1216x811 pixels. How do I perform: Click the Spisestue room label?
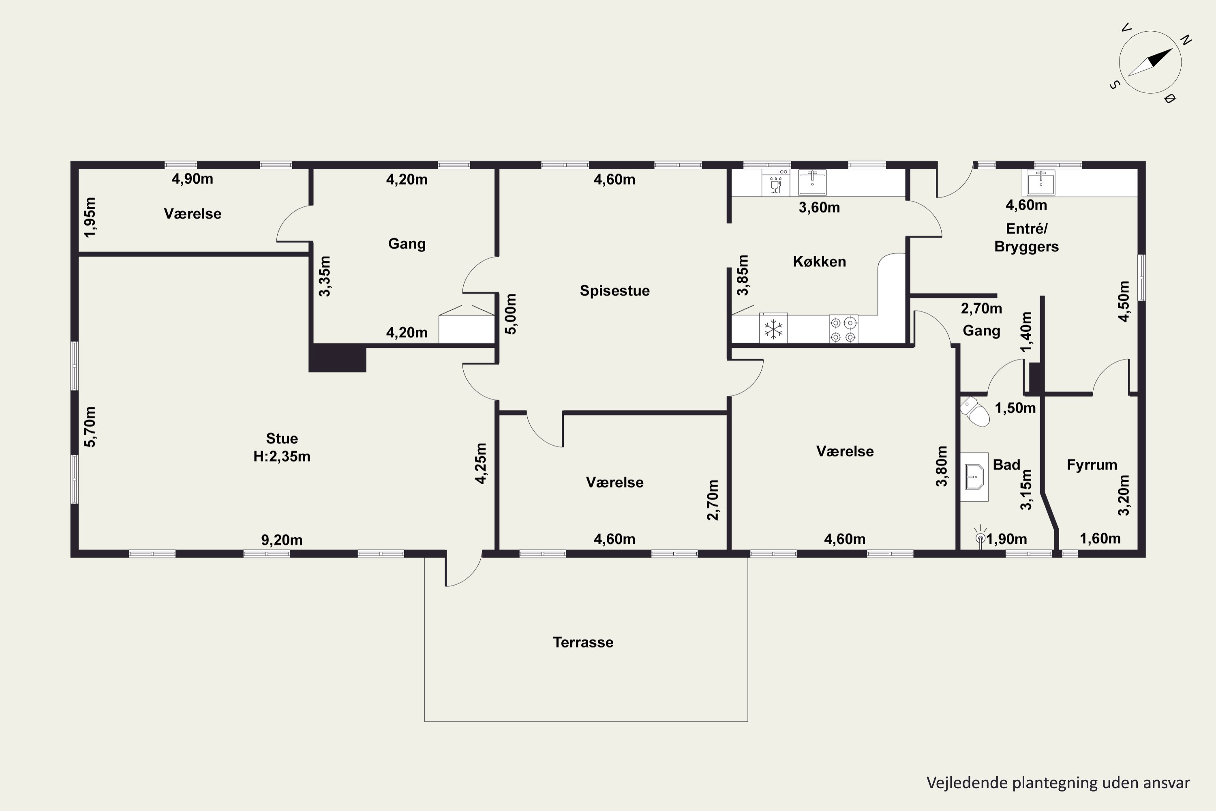(x=614, y=291)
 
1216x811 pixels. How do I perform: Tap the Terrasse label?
(x=583, y=642)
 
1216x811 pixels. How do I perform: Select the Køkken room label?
(x=820, y=262)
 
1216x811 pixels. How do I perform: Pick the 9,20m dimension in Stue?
(x=282, y=540)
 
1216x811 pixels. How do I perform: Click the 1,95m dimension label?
(x=90, y=217)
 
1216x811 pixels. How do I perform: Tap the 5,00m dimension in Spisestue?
(x=511, y=314)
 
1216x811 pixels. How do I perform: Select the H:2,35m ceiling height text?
(x=282, y=457)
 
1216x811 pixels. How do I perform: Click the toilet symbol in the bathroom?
(x=975, y=412)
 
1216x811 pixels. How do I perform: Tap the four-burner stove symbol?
(x=843, y=329)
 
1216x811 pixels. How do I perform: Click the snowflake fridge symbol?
(x=773, y=329)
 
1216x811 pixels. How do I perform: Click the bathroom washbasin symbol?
(x=974, y=477)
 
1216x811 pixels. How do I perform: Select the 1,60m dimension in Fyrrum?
(x=1100, y=539)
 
